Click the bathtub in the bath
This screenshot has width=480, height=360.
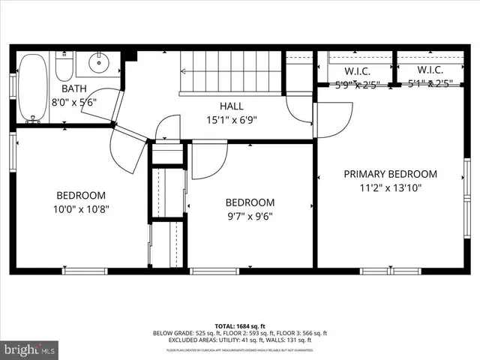[32, 87]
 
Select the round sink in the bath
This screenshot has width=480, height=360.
[98, 64]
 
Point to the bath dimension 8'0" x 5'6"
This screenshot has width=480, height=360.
[73, 103]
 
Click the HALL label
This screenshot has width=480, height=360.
[231, 106]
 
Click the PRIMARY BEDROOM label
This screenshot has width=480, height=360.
[390, 174]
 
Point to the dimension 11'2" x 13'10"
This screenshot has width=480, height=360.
[390, 187]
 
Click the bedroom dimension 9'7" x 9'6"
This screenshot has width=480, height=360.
[250, 216]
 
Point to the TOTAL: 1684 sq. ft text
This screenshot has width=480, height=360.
[239, 326]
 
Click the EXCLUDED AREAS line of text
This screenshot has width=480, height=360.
[239, 340]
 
